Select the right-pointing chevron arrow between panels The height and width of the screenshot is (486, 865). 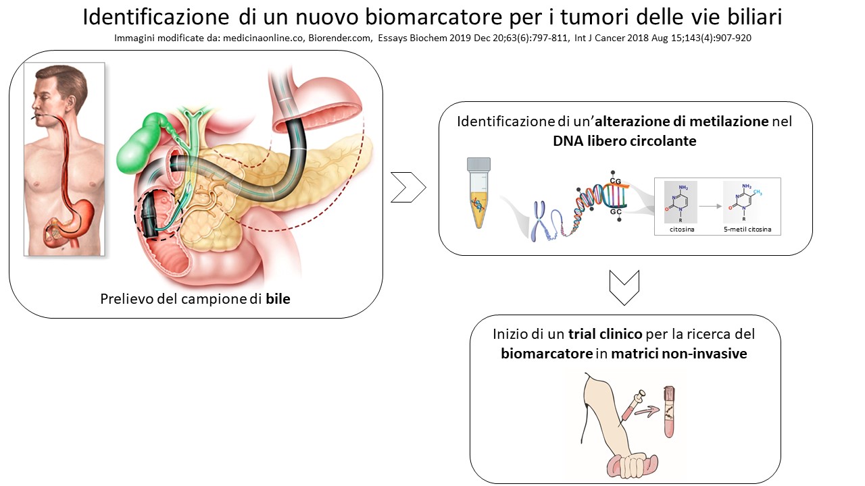[408, 187]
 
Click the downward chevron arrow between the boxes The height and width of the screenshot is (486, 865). [624, 288]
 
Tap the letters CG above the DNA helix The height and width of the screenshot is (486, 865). [616, 181]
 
